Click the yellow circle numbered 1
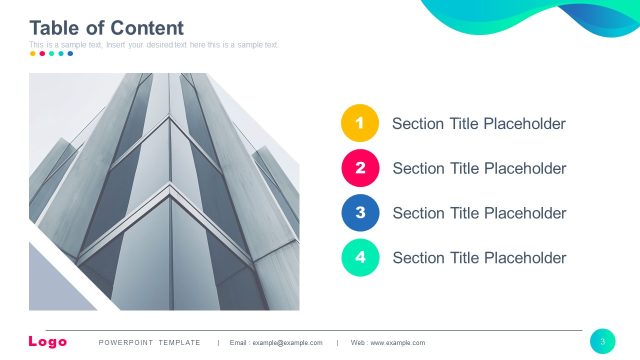tap(360, 124)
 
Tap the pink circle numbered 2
tap(360, 168)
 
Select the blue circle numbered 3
tap(360, 213)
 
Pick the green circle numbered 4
tap(360, 257)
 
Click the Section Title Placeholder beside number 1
tap(478, 124)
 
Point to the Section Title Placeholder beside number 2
tap(479, 168)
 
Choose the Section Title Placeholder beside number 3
tap(479, 213)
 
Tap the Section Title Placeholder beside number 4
tap(479, 257)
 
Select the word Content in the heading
tap(147, 28)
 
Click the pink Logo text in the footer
tap(48, 342)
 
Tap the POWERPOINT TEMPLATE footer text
tap(150, 343)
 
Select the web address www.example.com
tap(397, 343)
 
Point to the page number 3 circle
tap(603, 341)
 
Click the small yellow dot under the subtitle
tap(33, 54)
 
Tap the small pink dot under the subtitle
tap(42, 54)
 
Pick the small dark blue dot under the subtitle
tap(70, 54)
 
